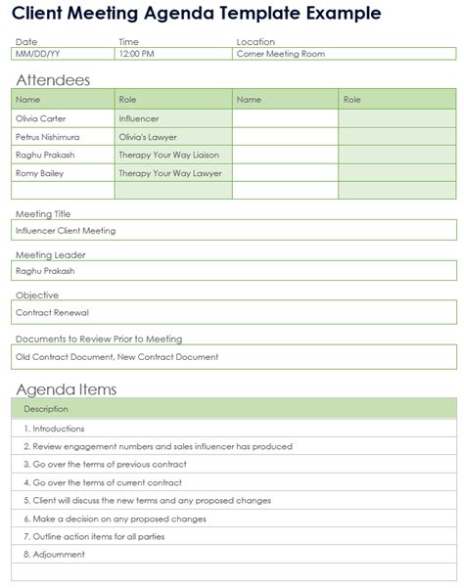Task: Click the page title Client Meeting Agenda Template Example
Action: tap(199, 14)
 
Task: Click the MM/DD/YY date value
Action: tap(38, 55)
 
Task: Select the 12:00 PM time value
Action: tap(136, 55)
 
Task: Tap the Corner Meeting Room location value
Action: tap(280, 55)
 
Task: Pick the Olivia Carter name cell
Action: tap(41, 118)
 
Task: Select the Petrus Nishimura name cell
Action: tap(47, 137)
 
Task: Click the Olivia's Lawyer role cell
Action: tap(148, 137)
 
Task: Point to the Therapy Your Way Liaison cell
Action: tap(168, 155)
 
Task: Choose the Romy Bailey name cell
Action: tap(39, 173)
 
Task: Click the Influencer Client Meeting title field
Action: tap(66, 231)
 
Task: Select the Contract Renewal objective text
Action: tap(52, 313)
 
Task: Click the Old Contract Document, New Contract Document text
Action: tap(116, 357)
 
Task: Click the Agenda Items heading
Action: tap(67, 389)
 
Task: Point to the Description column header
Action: tap(46, 409)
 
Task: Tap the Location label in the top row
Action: tap(255, 42)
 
